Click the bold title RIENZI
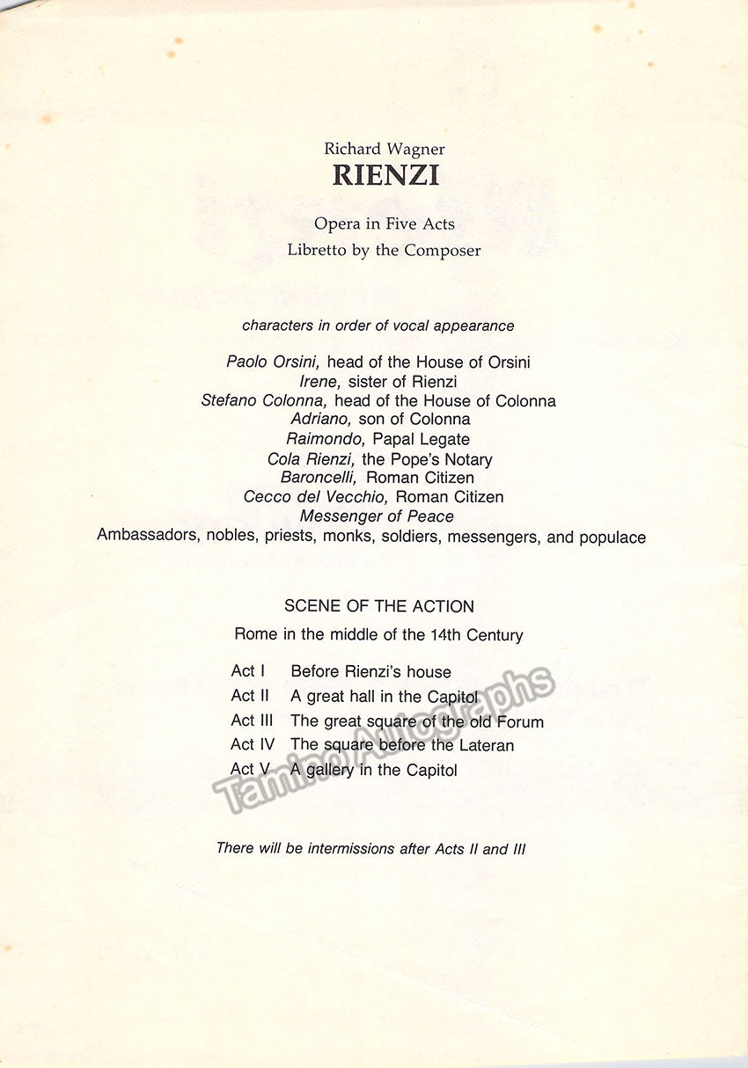coord(385,175)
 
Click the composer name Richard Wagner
coord(385,149)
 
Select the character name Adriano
coord(321,420)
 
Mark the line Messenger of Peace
coord(377,516)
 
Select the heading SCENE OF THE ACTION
coord(379,606)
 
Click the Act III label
coord(252,721)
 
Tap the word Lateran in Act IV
coord(484,745)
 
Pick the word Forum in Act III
coord(520,721)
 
